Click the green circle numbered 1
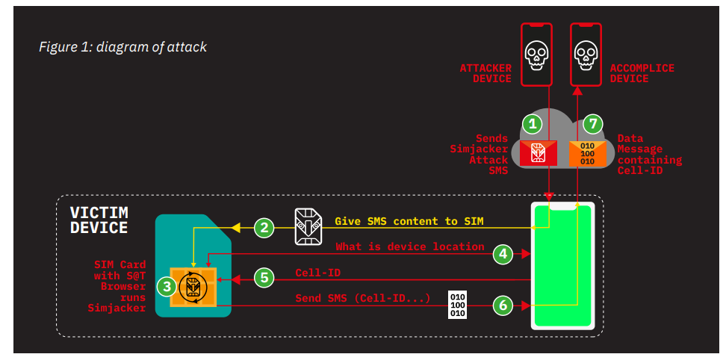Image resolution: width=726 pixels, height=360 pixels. tap(531, 123)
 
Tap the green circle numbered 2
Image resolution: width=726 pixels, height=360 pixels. tap(264, 227)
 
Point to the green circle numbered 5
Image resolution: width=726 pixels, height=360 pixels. tap(264, 278)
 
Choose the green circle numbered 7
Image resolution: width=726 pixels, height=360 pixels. tap(592, 123)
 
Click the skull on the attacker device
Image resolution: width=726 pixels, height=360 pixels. tap(535, 53)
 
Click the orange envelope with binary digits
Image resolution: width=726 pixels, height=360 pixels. tap(587, 152)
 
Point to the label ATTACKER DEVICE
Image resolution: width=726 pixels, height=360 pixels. tap(485, 73)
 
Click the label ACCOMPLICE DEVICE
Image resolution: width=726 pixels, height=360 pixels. tap(642, 73)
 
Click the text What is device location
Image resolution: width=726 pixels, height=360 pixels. tap(409, 246)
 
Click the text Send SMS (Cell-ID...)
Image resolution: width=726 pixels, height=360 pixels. tap(362, 299)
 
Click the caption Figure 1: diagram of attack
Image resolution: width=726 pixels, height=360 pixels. tap(122, 47)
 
